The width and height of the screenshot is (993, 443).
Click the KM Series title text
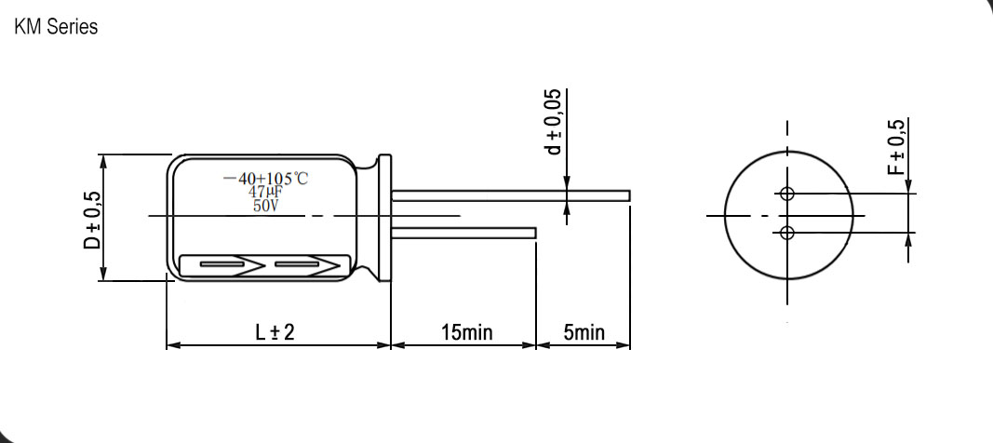click(x=56, y=28)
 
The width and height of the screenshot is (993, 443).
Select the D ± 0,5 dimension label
click(x=91, y=220)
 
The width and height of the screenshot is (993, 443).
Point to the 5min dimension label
click(x=584, y=332)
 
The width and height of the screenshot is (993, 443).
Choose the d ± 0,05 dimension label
click(x=554, y=122)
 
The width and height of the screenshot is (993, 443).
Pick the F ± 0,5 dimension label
click(x=895, y=148)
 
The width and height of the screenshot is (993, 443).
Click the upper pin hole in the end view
click(x=787, y=195)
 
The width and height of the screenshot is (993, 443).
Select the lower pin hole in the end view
click(x=787, y=232)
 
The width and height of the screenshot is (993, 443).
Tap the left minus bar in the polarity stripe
click(x=221, y=265)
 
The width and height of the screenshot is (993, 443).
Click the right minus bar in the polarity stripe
click(x=297, y=265)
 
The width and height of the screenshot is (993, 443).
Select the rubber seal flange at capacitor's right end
click(x=382, y=219)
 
